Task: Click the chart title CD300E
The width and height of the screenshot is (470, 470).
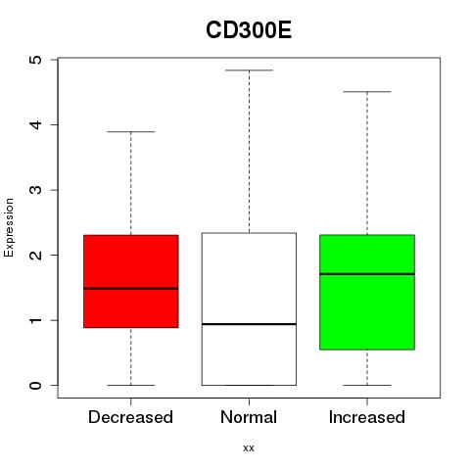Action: [x=249, y=30]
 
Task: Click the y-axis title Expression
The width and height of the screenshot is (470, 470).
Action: [x=9, y=227]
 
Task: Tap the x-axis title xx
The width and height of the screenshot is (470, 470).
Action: [x=249, y=448]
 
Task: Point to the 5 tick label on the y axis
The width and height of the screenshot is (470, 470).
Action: [x=36, y=60]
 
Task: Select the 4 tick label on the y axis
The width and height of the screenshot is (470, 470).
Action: [x=36, y=124]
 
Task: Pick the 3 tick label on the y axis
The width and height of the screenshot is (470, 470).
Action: [x=36, y=190]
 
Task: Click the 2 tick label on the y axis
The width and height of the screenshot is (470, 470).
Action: [x=36, y=255]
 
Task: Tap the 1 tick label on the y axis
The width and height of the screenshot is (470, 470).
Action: [x=36, y=320]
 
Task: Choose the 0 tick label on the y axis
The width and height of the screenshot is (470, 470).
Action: [x=36, y=385]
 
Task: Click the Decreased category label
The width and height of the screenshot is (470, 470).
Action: [x=130, y=417]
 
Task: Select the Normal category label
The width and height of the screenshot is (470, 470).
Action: [x=249, y=417]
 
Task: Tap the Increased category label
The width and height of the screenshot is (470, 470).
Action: [x=367, y=417]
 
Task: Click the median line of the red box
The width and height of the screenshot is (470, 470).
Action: [x=131, y=289]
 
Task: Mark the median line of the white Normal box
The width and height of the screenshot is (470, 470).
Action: [x=249, y=324]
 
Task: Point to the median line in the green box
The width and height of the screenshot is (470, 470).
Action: [x=367, y=274]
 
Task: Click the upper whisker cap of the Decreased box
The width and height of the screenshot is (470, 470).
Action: [x=131, y=131]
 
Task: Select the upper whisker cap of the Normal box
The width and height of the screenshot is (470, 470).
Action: [x=249, y=70]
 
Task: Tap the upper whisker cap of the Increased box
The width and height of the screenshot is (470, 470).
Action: [x=367, y=92]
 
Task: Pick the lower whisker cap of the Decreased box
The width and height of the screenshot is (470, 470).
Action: [x=131, y=385]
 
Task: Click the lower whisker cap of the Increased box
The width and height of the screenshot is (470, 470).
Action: [x=367, y=385]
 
